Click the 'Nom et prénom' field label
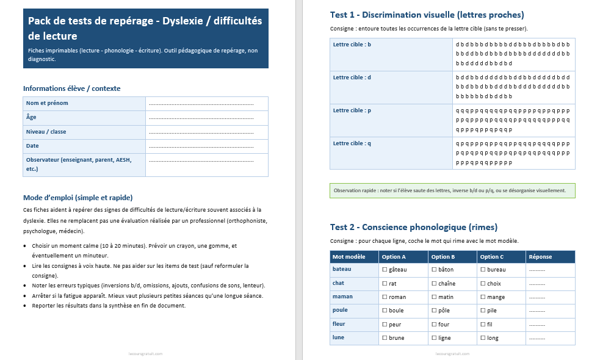pos(46,103)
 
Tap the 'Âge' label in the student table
pos(31,118)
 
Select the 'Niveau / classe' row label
pos(46,132)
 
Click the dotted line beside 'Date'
pos(201,146)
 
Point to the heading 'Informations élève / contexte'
pos(72,88)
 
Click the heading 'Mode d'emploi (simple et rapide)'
pos(78,198)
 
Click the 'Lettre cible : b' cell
pos(352,45)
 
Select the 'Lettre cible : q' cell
pos(352,143)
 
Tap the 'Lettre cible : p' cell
pos(352,110)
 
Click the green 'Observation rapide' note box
pos(452,190)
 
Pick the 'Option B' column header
pos(443,257)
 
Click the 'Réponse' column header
pos(540,257)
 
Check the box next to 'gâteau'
pos(385,269)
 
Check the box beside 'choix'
pos(483,284)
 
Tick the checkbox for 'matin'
pos(434,297)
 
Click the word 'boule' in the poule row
pos(396,311)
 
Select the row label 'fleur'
pos(339,325)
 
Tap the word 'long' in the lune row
pos(493,338)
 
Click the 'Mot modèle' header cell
pos(349,257)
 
